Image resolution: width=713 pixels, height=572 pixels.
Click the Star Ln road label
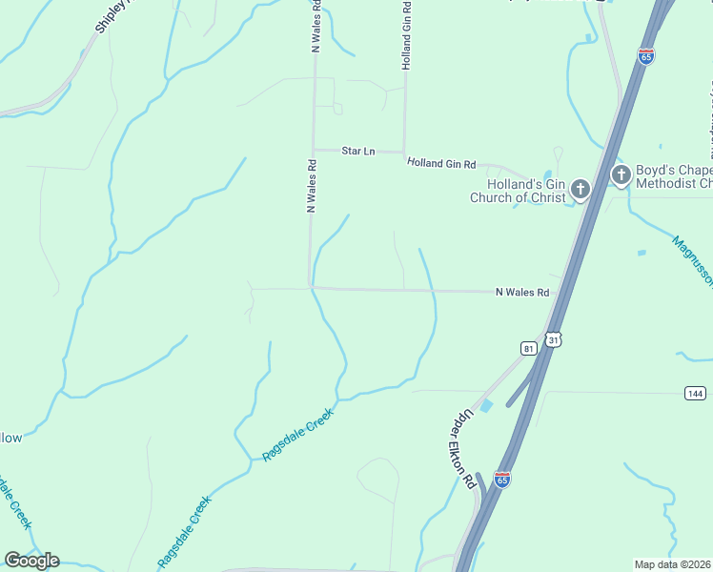[x=358, y=152]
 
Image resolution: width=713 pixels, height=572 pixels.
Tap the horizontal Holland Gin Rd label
[x=440, y=164]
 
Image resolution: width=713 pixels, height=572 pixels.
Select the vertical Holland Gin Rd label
[x=407, y=35]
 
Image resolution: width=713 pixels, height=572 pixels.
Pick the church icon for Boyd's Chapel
[x=621, y=174]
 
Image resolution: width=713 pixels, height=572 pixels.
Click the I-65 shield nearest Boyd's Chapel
[x=646, y=56]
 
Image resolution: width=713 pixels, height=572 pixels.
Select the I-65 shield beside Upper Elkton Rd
[x=502, y=479]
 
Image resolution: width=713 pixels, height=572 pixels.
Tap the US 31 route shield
[x=554, y=339]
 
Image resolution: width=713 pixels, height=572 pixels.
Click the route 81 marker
[x=529, y=349]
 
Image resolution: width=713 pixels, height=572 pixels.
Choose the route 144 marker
[x=695, y=393]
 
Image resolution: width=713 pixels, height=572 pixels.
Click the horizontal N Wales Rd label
[x=522, y=293]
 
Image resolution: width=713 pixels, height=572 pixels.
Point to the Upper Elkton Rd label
[x=462, y=449]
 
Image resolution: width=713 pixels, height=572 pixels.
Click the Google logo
[x=31, y=560]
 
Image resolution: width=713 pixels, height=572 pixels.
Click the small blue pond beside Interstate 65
[x=487, y=406]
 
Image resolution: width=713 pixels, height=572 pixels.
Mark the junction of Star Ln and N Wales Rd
[x=314, y=150]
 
